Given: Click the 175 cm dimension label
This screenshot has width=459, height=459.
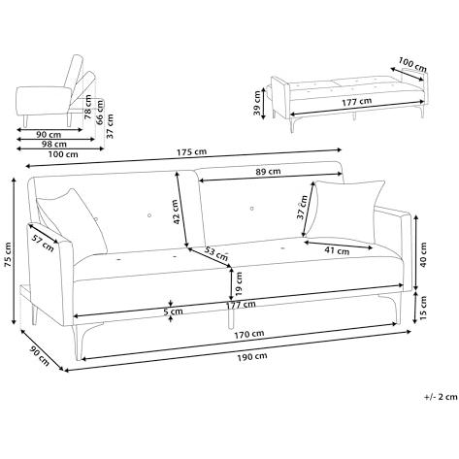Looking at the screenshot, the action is (x=191, y=151).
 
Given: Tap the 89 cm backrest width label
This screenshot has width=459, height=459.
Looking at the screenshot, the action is (x=268, y=172).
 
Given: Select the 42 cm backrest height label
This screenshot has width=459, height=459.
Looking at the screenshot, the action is (x=176, y=212).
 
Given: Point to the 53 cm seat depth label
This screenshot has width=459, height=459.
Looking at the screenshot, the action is (x=216, y=253).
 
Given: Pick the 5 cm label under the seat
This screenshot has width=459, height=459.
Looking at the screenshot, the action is (x=173, y=311).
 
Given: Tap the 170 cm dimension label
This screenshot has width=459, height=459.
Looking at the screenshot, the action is (x=249, y=334).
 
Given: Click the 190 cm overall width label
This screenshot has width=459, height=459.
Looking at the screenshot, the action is (x=252, y=356).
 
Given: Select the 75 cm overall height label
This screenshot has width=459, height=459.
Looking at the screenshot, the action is (x=8, y=255).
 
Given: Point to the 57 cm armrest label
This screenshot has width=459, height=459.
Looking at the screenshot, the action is (x=43, y=243).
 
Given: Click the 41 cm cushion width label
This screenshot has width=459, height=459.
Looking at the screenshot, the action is (x=337, y=250).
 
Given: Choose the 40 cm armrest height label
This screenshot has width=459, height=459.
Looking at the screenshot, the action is (x=423, y=254).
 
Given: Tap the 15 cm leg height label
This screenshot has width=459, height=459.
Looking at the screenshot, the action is (x=423, y=307).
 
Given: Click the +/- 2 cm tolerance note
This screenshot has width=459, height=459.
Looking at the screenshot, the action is (x=442, y=397).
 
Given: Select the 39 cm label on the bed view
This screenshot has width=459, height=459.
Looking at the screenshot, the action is (x=257, y=103).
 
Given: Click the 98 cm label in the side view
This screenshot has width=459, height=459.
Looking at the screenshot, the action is (x=53, y=145).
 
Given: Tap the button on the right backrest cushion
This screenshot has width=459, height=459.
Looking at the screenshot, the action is (x=252, y=209).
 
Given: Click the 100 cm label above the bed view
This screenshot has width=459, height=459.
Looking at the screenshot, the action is (x=412, y=64).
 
